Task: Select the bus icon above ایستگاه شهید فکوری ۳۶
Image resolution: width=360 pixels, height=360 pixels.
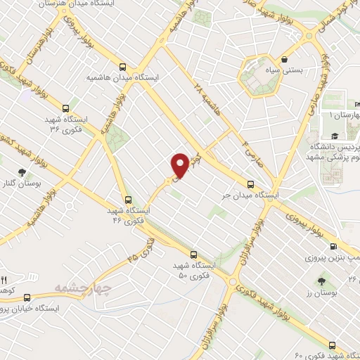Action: coord(65,108)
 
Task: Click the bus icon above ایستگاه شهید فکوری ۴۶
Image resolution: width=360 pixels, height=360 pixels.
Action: coord(127,199)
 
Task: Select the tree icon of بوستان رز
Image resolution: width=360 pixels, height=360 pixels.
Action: coord(321,281)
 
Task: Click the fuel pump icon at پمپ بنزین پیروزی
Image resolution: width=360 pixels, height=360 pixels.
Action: coord(333,246)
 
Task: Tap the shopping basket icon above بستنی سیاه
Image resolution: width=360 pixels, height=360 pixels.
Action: coord(284,60)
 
